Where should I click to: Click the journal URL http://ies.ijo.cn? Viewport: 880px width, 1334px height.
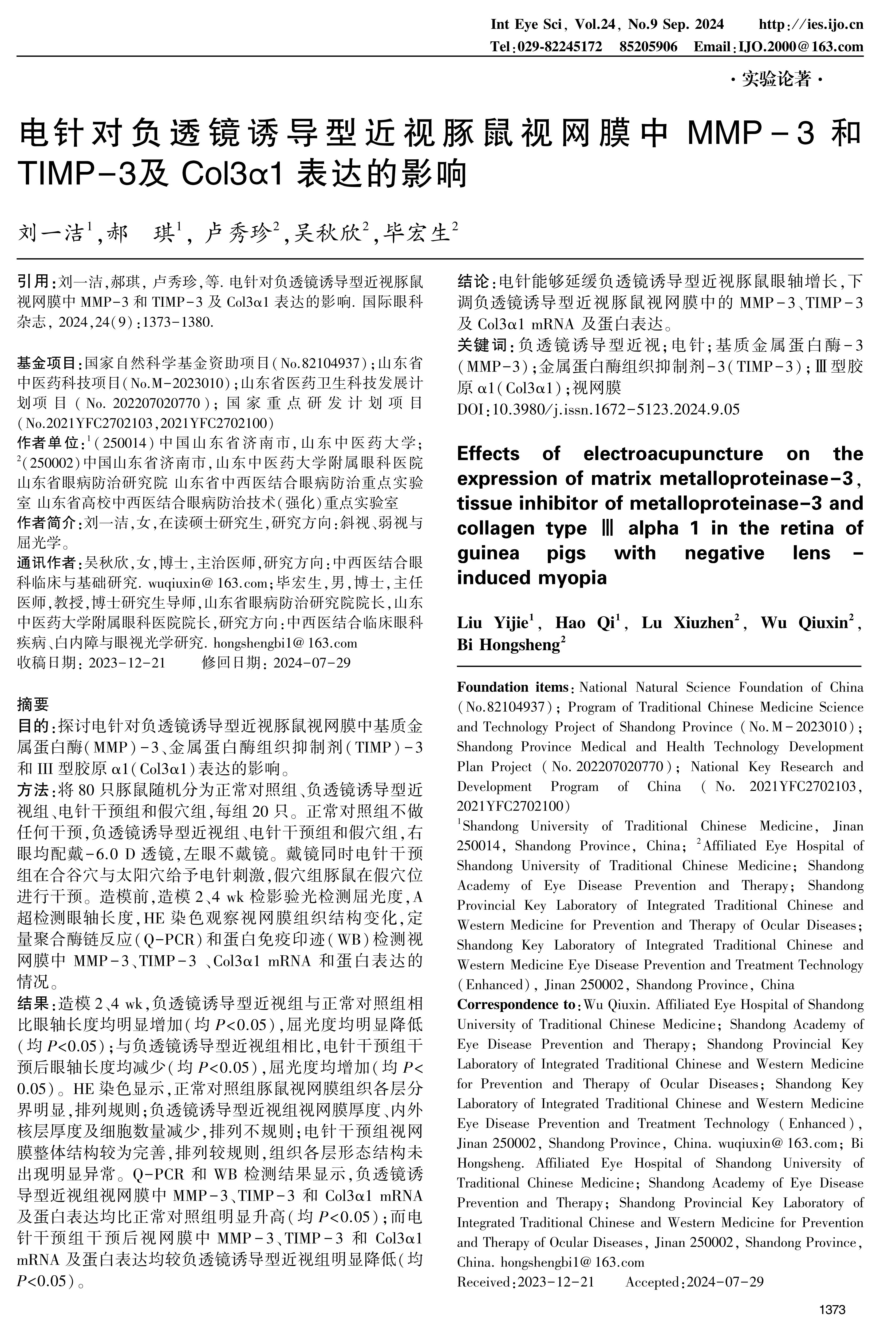coord(810,25)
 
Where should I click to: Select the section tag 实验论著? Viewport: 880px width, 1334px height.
coord(777,80)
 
